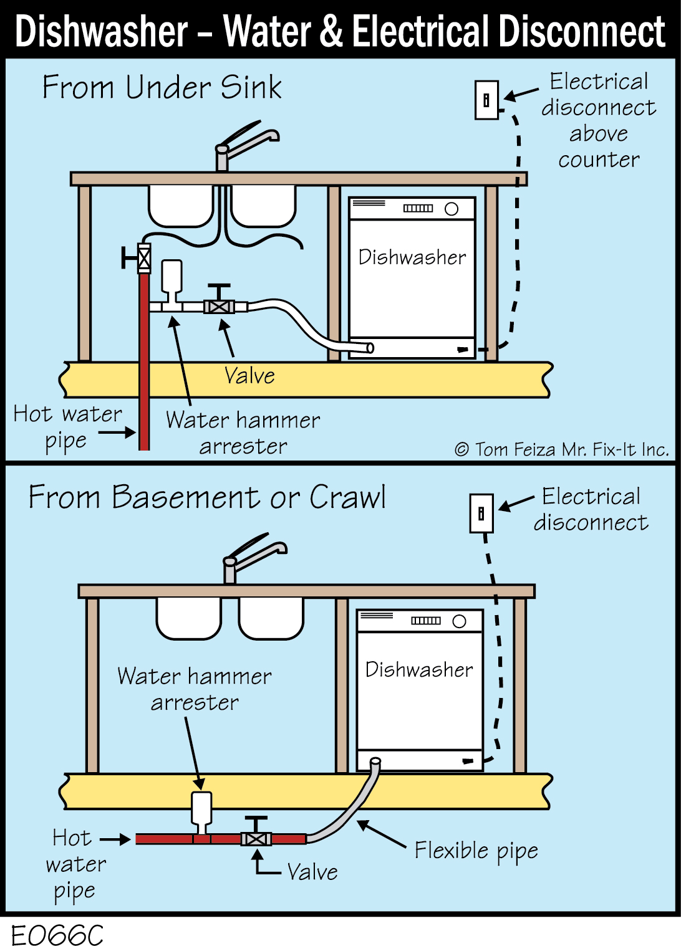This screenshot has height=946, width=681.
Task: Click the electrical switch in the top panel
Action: (486, 100)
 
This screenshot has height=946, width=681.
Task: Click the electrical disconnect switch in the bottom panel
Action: (481, 514)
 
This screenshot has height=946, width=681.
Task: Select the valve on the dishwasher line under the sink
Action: (219, 305)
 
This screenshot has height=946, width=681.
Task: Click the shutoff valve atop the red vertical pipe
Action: (143, 257)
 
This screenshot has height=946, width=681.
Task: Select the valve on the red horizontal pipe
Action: (256, 838)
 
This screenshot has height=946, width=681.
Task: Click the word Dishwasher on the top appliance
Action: (412, 257)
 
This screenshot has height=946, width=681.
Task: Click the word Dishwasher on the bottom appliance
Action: (419, 669)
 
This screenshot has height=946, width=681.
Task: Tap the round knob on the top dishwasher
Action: (452, 209)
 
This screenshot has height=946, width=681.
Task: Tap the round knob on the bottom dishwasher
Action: (460, 621)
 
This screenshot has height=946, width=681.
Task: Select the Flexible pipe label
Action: (476, 851)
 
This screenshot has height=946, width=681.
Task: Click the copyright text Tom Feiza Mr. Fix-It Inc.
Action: (561, 449)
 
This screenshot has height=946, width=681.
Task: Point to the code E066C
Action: (57, 935)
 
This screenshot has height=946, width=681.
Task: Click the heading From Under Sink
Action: (162, 87)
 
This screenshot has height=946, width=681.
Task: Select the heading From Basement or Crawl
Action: (207, 497)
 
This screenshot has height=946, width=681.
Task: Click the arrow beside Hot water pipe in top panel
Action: (117, 432)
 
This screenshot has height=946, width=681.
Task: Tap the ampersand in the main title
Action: (331, 31)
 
